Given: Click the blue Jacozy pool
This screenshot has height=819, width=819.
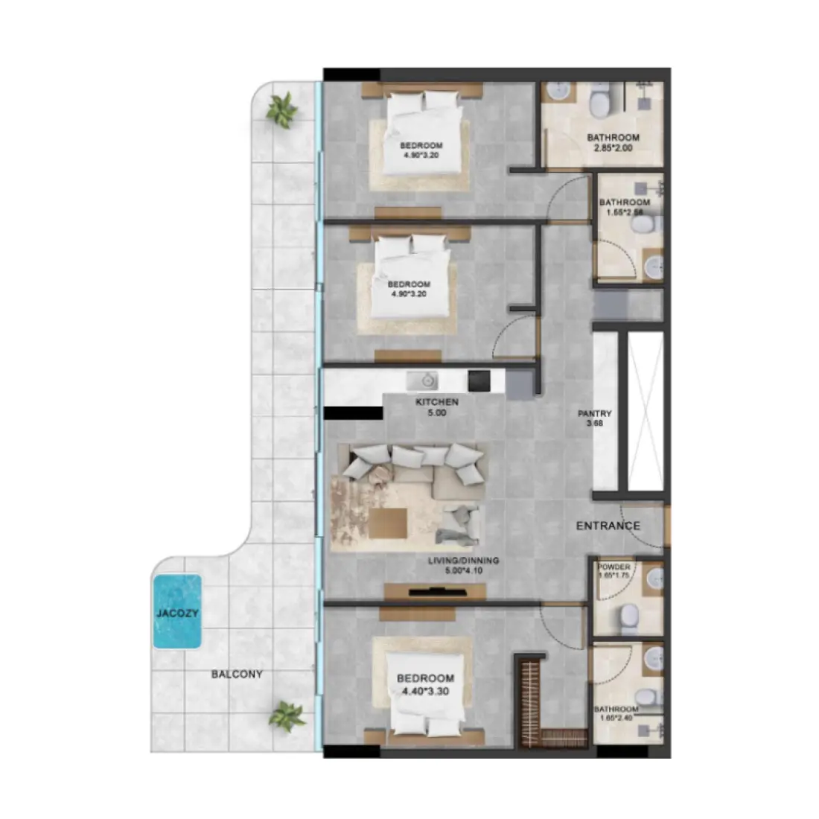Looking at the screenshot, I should pos(176,612).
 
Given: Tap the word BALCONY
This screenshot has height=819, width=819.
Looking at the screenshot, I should pos(237,675).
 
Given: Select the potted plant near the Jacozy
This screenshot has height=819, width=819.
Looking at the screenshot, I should pos(287,716).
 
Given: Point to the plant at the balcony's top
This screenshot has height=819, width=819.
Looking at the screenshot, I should pos(282,111).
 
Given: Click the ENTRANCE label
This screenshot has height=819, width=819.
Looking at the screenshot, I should pos(608,526).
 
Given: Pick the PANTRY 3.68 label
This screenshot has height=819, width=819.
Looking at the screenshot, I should pos(595,418).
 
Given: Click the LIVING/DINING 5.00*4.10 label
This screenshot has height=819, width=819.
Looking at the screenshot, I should pos(463,565).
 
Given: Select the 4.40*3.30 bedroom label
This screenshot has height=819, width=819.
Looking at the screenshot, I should pos(425,684).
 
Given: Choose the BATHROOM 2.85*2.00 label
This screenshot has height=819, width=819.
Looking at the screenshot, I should pos(613,143).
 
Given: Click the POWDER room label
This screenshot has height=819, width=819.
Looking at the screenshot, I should pos(614,571).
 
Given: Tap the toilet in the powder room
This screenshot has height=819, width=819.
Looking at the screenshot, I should pos(629,615).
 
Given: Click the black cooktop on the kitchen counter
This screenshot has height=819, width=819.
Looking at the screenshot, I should pos(478,380).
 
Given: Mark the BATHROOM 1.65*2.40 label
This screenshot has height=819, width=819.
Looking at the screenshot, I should pos(616,713).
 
